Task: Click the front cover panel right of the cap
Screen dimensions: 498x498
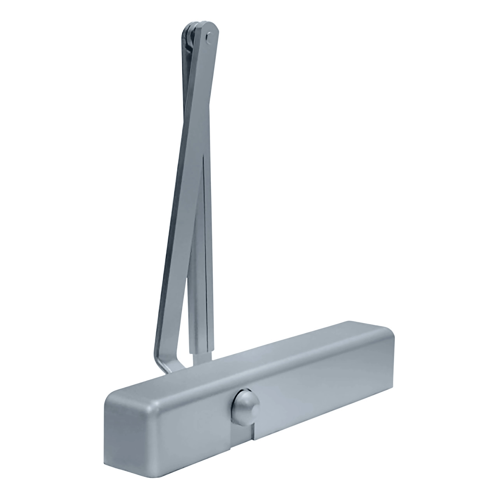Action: point(323,405)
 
